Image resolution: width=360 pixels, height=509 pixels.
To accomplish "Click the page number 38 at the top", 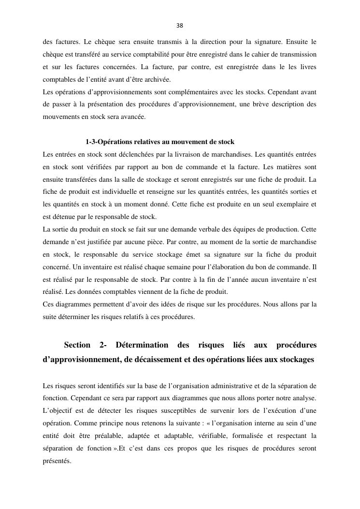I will click(180, 26).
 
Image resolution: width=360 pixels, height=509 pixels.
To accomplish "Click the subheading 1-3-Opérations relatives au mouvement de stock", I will click(159, 142).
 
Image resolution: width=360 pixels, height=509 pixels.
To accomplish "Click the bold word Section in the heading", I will click(77, 345).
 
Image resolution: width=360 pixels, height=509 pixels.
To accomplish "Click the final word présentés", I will click(57, 461).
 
